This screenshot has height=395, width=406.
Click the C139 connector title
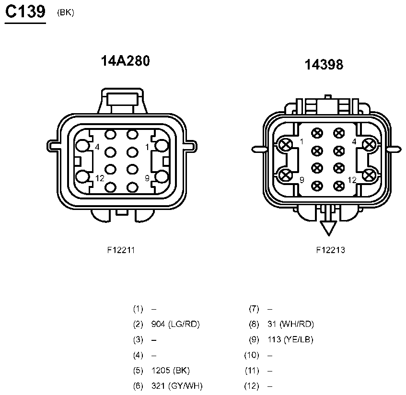pos(25,12)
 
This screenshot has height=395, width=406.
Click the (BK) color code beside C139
pos(66,12)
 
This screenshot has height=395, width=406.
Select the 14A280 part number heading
pos(125,61)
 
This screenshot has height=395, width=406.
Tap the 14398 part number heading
pos(324,65)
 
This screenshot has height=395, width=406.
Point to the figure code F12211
pos(121,250)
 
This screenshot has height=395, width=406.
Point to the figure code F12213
pos(331,250)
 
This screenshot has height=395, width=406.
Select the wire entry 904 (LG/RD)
pos(175,324)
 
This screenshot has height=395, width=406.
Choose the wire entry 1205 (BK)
pos(170,371)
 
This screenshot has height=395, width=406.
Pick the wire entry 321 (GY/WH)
pos(177,386)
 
